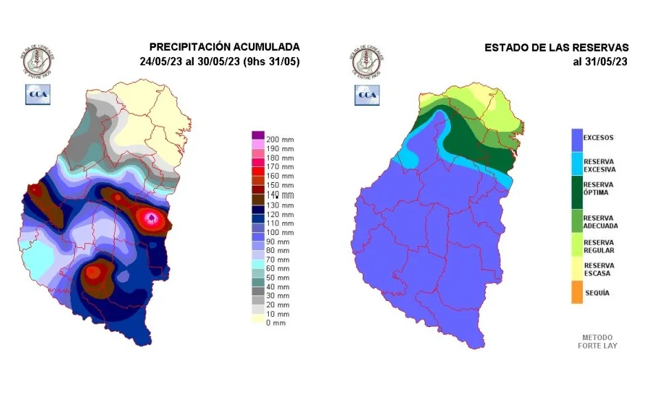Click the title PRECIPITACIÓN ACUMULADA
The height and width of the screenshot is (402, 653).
[x=224, y=47]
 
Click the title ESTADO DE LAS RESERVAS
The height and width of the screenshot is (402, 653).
[x=556, y=47]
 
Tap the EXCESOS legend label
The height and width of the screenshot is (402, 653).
[x=599, y=137]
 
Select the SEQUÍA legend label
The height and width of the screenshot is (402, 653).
[x=596, y=293]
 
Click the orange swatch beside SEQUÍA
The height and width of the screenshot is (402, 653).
[x=576, y=293]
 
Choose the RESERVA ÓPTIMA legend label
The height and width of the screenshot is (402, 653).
[x=599, y=189]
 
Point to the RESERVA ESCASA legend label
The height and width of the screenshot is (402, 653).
[x=599, y=269]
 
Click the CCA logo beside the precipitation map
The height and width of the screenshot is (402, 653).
[x=37, y=95]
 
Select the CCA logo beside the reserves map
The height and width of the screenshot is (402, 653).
[x=367, y=95]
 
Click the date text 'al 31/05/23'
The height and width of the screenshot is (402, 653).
[x=601, y=61]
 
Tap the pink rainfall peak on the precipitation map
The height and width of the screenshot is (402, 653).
[x=153, y=219]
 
